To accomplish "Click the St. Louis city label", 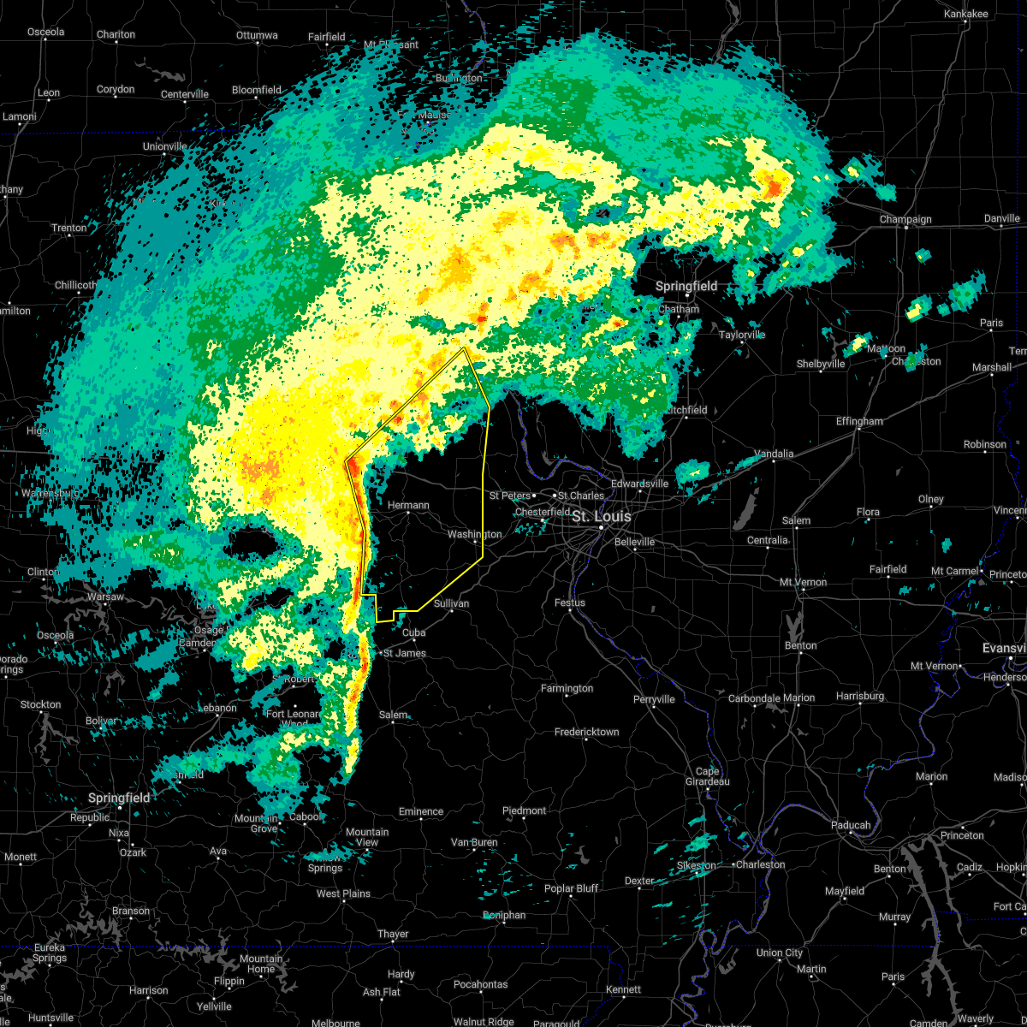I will click(601, 516).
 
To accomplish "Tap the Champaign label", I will click(905, 220).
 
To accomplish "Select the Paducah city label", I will click(851, 825).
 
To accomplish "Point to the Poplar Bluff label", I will click(571, 888).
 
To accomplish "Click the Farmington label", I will click(567, 688).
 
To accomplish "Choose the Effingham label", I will click(859, 421).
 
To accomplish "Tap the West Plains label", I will click(343, 893).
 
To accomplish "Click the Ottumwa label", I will click(257, 36).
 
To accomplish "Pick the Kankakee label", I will click(965, 14).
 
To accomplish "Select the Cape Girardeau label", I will click(707, 776).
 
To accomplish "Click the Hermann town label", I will click(408, 505).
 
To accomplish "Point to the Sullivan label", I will click(451, 603).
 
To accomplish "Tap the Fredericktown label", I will click(586, 732).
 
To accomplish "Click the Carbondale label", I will click(753, 698).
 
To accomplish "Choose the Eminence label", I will click(421, 811).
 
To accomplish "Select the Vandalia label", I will click(774, 454).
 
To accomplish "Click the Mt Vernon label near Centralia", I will click(803, 582).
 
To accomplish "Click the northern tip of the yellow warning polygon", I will click(464, 347).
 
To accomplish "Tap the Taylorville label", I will click(742, 335).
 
